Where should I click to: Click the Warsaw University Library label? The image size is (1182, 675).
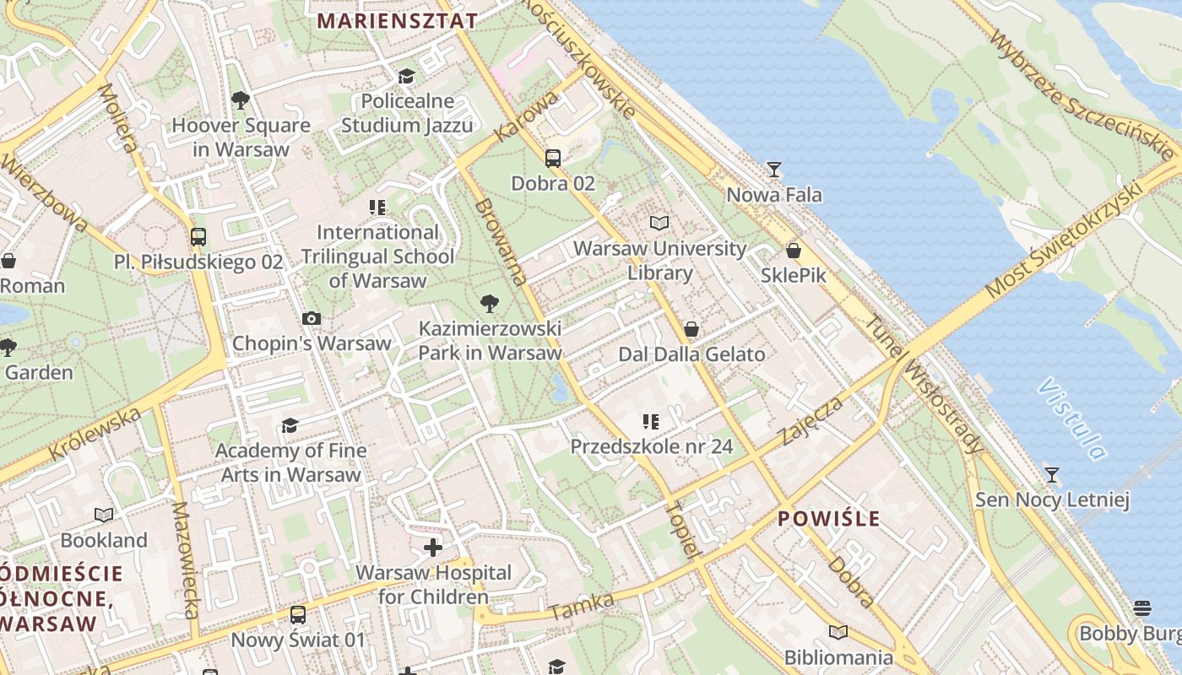click(659, 261)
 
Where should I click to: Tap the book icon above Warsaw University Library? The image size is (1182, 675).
click(659, 223)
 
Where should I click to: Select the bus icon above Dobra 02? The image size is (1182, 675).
click(553, 158)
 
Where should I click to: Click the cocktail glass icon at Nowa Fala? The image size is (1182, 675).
click(773, 170)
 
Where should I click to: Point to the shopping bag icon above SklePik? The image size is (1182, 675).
click(793, 251)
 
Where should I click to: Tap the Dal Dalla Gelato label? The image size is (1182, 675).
click(691, 354)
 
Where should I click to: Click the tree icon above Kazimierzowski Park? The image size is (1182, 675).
click(489, 304)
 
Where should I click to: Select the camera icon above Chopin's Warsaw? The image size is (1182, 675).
click(312, 318)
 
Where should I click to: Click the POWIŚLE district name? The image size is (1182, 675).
click(828, 518)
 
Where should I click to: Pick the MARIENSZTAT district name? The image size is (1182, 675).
click(397, 21)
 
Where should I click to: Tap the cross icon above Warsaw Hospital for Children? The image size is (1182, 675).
click(433, 548)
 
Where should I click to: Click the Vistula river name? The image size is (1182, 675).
click(1071, 419)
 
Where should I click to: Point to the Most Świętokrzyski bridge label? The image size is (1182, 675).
click(1074, 239)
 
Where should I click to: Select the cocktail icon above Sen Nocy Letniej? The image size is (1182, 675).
click(1051, 475)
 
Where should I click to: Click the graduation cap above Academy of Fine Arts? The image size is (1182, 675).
click(290, 425)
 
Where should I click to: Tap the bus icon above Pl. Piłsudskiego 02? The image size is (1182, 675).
click(198, 237)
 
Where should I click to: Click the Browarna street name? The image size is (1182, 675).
click(501, 242)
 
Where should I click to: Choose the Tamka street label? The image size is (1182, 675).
click(581, 606)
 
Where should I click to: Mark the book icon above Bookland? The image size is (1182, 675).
click(104, 515)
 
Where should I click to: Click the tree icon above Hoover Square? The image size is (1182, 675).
click(241, 100)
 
